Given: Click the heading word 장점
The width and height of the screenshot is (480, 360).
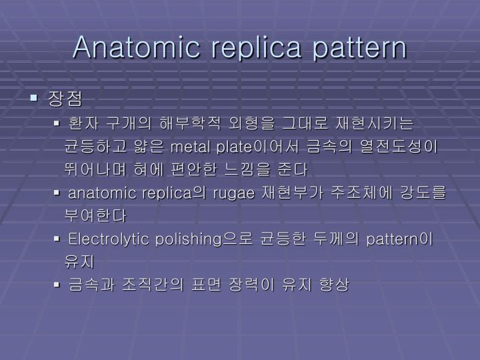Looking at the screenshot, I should pyautogui.click(x=65, y=99).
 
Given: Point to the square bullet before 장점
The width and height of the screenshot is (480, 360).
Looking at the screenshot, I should pyautogui.click(x=34, y=99).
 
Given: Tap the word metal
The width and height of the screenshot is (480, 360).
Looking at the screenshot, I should pyautogui.click(x=191, y=146).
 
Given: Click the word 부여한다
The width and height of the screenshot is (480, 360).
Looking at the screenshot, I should pyautogui.click(x=95, y=216).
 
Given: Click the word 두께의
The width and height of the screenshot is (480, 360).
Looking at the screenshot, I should pyautogui.click(x=336, y=239).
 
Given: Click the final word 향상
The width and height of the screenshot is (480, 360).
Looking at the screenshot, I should pyautogui.click(x=334, y=285).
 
